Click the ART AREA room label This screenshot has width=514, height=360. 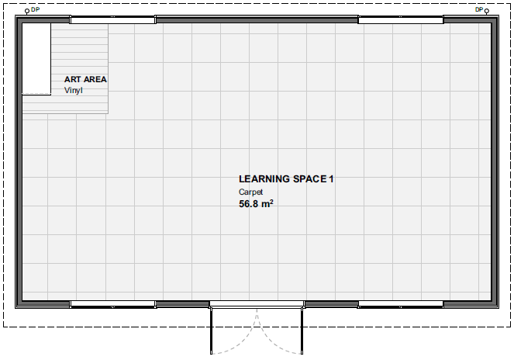pyautogui.click(x=85, y=79)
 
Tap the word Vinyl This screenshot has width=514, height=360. pyautogui.click(x=74, y=91)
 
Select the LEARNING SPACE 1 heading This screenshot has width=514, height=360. pyautogui.click(x=286, y=179)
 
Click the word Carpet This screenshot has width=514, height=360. pyautogui.click(x=250, y=192)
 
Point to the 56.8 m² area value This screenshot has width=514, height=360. pyautogui.click(x=256, y=204)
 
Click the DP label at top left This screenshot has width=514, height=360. pyautogui.click(x=35, y=9)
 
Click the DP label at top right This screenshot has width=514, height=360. pyautogui.click(x=479, y=9)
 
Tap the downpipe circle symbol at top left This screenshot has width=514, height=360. pyautogui.click(x=27, y=12)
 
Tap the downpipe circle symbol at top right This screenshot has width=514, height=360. pyautogui.click(x=487, y=11)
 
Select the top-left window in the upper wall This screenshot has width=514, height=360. pyautogui.click(x=112, y=20)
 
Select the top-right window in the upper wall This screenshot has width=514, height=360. pyautogui.click(x=401, y=19)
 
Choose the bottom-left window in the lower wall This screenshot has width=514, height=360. pyautogui.click(x=112, y=304)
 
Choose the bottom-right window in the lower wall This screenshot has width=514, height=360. pyautogui.click(x=401, y=304)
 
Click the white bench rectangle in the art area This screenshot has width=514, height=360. pyautogui.click(x=36, y=59)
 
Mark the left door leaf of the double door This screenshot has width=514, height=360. pyautogui.click(x=212, y=331)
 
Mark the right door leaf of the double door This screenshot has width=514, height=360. pyautogui.click(x=302, y=331)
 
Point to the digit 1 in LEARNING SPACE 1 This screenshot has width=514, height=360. pyautogui.click(x=331, y=179)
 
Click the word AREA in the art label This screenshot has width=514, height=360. pyautogui.click(x=95, y=79)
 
